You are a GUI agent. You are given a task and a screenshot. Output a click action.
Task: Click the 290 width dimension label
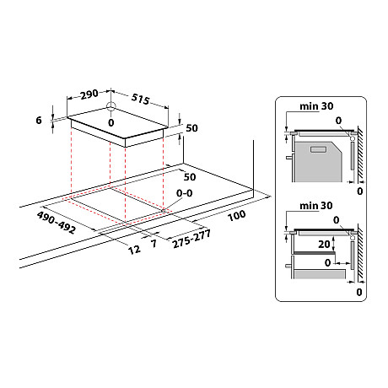[89, 94]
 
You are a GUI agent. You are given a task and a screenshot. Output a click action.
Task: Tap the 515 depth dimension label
[140, 99]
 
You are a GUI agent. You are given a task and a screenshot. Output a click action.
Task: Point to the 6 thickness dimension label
[39, 121]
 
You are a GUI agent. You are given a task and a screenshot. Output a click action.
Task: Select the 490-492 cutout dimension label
[57, 223]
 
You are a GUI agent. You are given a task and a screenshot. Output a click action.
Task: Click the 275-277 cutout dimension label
[191, 239]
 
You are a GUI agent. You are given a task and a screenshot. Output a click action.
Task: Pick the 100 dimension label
[236, 216]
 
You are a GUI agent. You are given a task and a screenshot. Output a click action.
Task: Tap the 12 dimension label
[134, 250]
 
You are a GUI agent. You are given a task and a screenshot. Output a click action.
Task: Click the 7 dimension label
[154, 244]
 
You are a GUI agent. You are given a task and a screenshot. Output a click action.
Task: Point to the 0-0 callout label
[185, 193]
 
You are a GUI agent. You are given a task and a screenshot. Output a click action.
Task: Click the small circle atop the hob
[111, 106]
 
